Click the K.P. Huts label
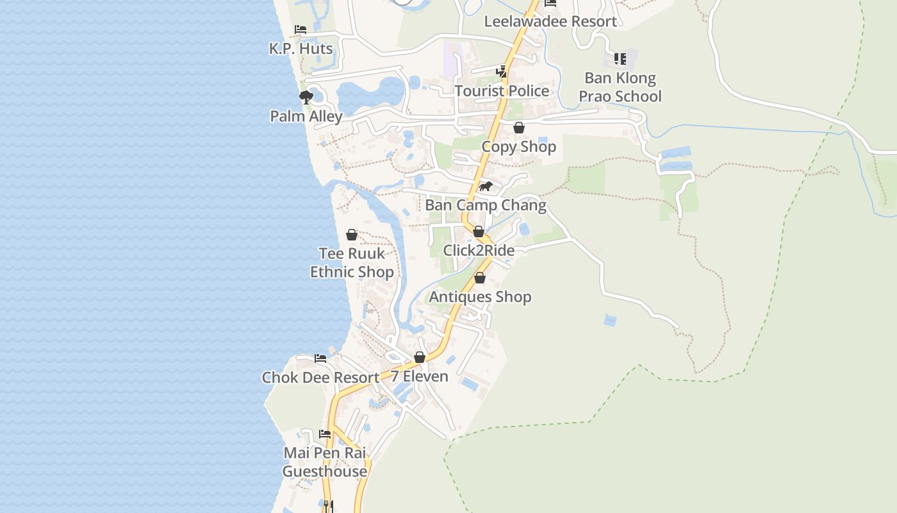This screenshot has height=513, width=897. tap(300, 49)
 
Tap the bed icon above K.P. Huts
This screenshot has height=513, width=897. tap(300, 29)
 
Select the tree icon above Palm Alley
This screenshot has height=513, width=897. tap(306, 97)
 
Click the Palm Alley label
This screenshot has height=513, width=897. tap(306, 116)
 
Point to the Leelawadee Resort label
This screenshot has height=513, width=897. tap(550, 21)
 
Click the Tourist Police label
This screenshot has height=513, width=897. tap(502, 91)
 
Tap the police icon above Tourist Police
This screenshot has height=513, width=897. tap(502, 71)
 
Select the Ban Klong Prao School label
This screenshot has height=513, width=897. tap(620, 87)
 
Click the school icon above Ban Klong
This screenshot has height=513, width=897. tap(620, 59)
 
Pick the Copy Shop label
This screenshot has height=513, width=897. tap(518, 147)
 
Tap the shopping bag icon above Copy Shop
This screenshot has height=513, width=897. tap(519, 128)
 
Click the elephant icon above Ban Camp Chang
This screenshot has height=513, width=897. tap(486, 187)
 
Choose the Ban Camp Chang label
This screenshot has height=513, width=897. tap(486, 205)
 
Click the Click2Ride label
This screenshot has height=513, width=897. tap(479, 250)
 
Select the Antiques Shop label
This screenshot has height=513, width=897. tap(480, 297)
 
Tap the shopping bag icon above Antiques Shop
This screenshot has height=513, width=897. tap(479, 278)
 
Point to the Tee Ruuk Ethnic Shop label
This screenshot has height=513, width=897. tap(352, 262)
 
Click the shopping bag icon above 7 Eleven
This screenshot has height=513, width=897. tap(420, 357)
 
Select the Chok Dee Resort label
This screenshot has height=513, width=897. tap(320, 377)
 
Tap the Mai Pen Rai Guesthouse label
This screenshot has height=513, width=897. tap(325, 462)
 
